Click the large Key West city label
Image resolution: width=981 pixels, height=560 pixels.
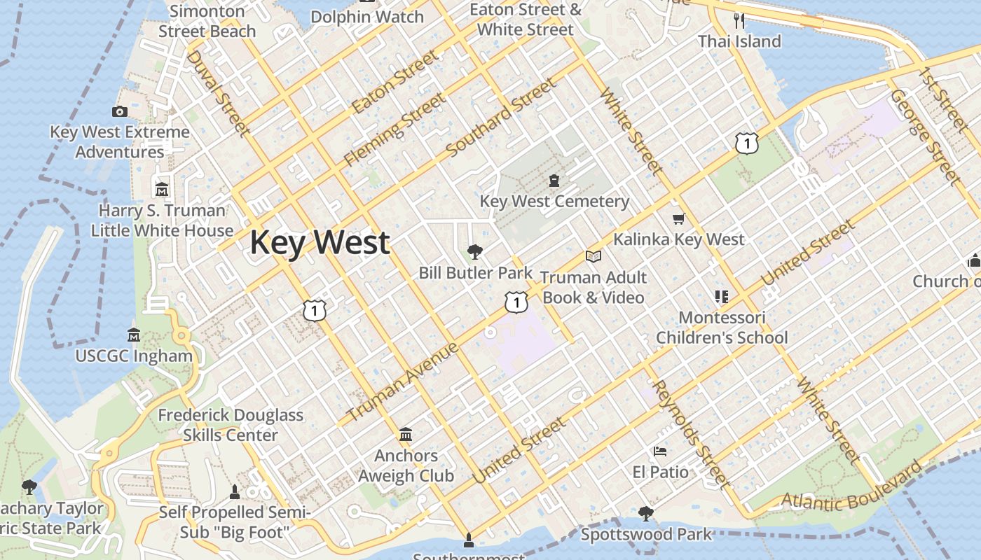click(x=320, y=243)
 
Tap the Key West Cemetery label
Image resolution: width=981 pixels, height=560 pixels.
click(x=554, y=202)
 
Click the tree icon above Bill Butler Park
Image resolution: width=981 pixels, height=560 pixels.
click(x=475, y=251)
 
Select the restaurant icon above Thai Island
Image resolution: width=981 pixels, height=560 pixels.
click(x=739, y=20)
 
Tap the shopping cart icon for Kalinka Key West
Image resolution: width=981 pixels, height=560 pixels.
click(x=678, y=219)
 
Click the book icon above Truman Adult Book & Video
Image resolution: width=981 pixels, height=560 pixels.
click(x=594, y=257)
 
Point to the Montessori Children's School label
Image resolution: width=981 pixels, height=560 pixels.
click(x=722, y=328)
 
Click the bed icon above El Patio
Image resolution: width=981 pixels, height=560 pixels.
click(x=659, y=451)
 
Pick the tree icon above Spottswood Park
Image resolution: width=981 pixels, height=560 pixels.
click(x=646, y=514)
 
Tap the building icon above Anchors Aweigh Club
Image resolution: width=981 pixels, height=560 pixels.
click(x=406, y=435)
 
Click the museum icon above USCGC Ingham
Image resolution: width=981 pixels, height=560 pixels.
click(x=134, y=335)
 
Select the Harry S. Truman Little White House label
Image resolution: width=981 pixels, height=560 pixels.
click(x=162, y=220)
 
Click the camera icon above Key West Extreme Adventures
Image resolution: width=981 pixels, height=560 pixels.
click(x=119, y=111)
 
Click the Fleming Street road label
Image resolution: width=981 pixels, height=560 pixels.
click(x=394, y=131)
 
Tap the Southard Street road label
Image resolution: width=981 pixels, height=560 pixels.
click(x=501, y=117)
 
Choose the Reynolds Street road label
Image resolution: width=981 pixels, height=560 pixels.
click(x=690, y=435)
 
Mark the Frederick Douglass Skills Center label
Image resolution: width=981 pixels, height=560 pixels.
click(x=231, y=425)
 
